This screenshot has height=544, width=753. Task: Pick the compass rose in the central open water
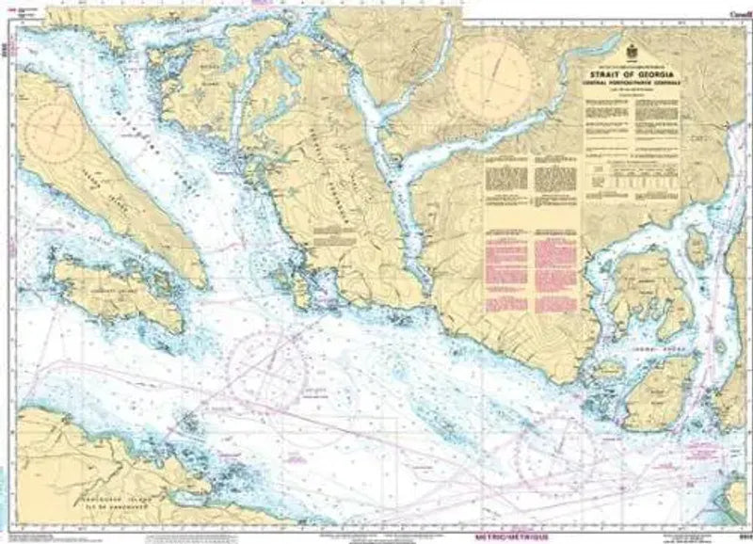[266, 361]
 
